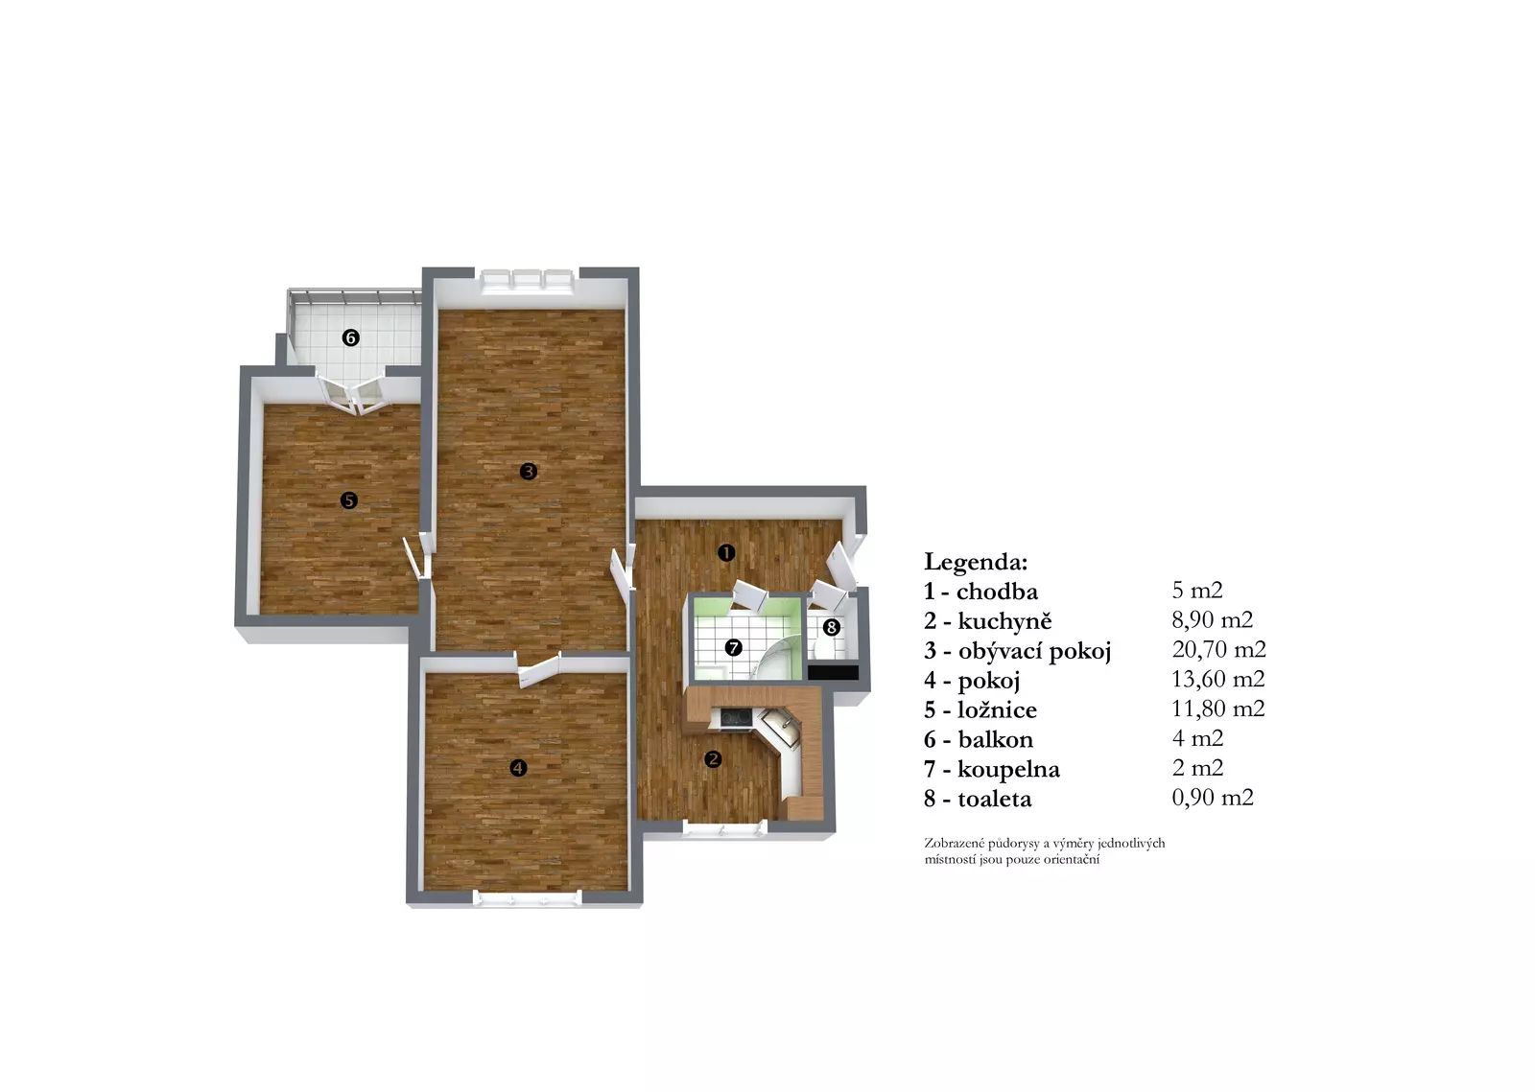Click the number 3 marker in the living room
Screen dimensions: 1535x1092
click(528, 471)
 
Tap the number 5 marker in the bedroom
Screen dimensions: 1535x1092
click(349, 500)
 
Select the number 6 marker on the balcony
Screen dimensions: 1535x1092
click(351, 337)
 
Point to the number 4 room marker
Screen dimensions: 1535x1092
click(518, 768)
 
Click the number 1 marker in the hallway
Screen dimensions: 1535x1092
click(726, 552)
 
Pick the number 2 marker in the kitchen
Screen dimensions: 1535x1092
click(714, 758)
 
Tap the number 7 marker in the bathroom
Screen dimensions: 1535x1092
click(733, 647)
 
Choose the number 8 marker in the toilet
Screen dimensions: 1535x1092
click(831, 627)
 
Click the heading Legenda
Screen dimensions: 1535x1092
click(976, 562)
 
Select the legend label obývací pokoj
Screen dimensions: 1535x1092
click(1034, 651)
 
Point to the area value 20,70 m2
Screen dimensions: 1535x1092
click(1218, 649)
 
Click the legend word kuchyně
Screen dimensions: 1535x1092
click(1004, 621)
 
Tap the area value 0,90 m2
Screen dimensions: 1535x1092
click(1213, 798)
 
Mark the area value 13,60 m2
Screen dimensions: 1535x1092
click(1217, 679)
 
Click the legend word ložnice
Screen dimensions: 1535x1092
click(997, 710)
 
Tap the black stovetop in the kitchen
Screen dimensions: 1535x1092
click(736, 718)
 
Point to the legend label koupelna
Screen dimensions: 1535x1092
click(1008, 770)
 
